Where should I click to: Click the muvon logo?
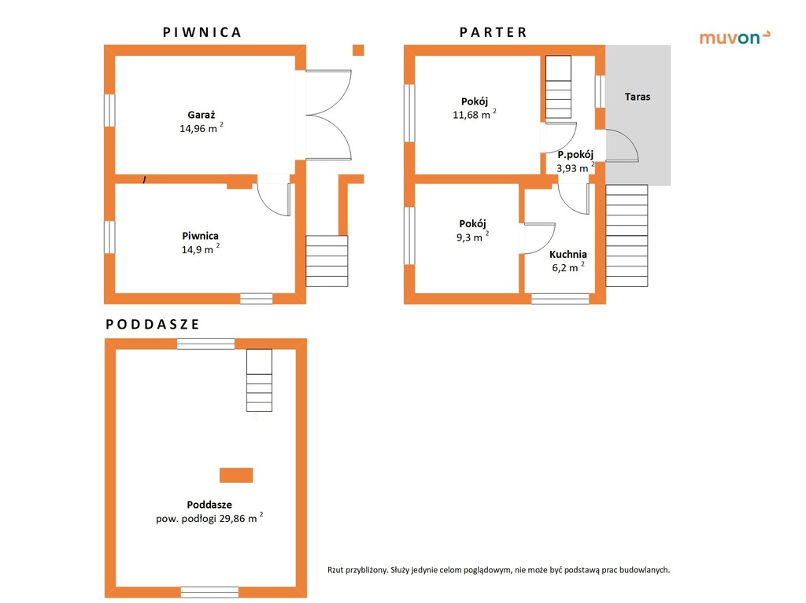click(x=734, y=37)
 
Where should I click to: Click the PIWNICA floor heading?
click(x=202, y=32)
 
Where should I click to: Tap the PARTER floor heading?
click(x=493, y=32)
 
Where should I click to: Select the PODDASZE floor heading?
click(x=153, y=324)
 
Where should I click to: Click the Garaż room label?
click(x=201, y=115)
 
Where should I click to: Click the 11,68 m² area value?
click(x=474, y=114)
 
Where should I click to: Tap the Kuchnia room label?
click(x=568, y=254)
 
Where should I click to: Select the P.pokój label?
click(x=575, y=154)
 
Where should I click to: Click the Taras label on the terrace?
click(x=638, y=97)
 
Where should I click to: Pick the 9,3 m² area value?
click(x=472, y=237)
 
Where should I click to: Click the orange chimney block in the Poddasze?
click(x=236, y=475)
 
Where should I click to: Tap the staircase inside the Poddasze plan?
click(x=259, y=380)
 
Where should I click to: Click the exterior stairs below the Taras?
click(x=627, y=235)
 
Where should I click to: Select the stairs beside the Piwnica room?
click(x=327, y=261)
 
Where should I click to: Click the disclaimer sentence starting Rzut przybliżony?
click(x=498, y=570)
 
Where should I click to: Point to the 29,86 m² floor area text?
click(x=209, y=518)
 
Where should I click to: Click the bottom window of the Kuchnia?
click(x=560, y=299)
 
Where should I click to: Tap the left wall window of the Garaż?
click(x=109, y=110)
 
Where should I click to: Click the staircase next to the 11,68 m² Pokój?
click(x=558, y=86)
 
